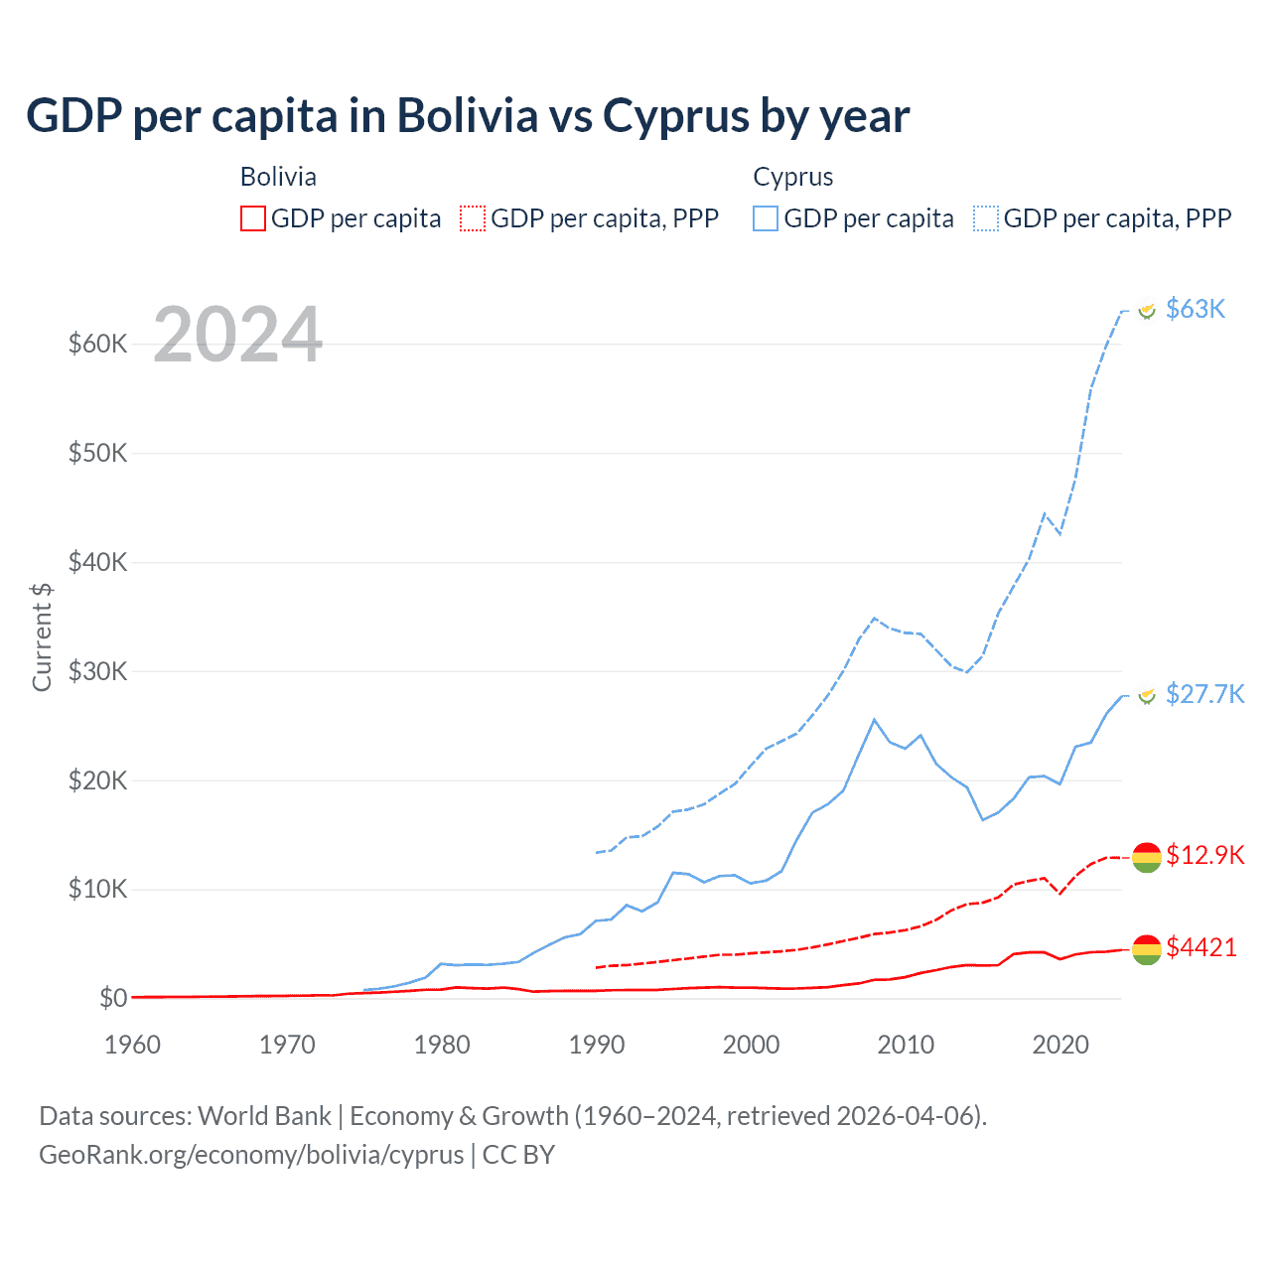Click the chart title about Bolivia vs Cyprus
click(x=468, y=116)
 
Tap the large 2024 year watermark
click(x=238, y=335)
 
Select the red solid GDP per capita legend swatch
click(x=253, y=218)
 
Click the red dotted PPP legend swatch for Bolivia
click(x=473, y=218)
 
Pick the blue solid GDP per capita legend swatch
click(x=766, y=218)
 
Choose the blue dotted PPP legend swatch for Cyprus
click(x=986, y=218)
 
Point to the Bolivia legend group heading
click(x=278, y=177)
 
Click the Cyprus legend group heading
click(x=792, y=177)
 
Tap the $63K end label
click(x=1196, y=309)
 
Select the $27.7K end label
click(x=1204, y=693)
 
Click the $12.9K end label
click(x=1204, y=855)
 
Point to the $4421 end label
click(x=1201, y=947)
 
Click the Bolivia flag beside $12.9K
click(x=1147, y=857)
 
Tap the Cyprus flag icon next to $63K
click(x=1147, y=311)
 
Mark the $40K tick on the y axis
click(x=98, y=562)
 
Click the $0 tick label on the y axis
click(x=113, y=998)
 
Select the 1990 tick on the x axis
click(x=597, y=1045)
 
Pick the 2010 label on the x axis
click(x=906, y=1045)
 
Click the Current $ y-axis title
click(x=42, y=637)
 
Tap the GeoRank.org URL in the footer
click(x=251, y=1155)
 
